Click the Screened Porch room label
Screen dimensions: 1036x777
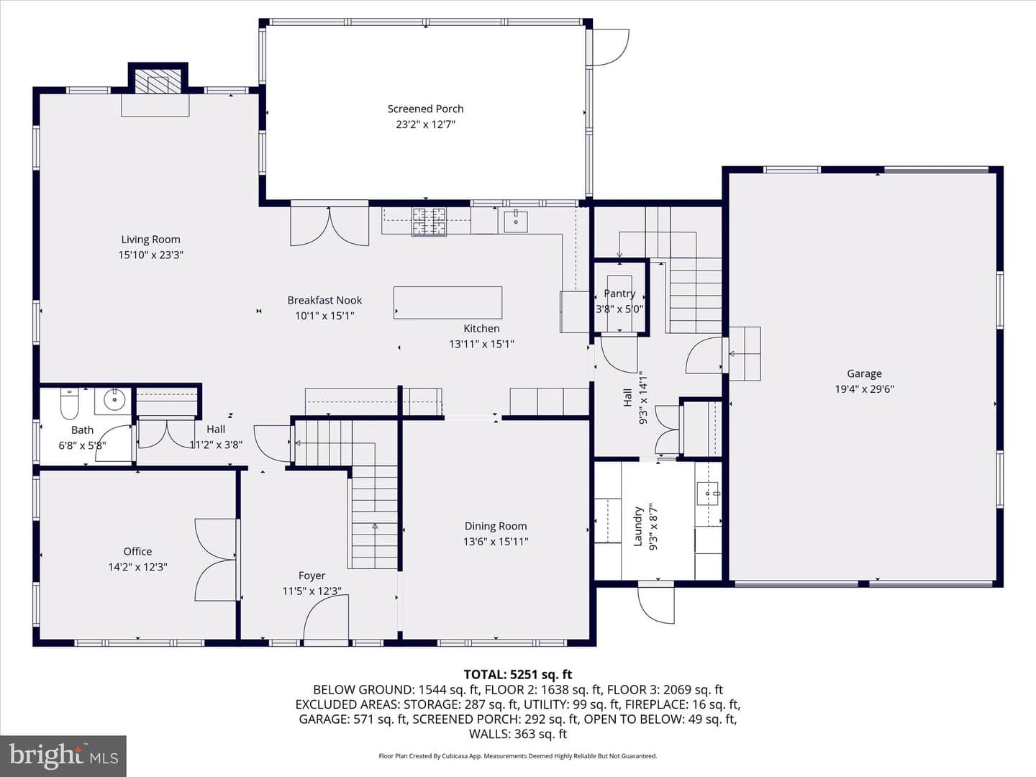coord(425,109)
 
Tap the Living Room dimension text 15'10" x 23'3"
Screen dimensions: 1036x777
coord(150,255)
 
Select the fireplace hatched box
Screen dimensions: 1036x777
coord(158,81)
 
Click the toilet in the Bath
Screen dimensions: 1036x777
coord(69,404)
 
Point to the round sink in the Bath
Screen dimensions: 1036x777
coord(114,400)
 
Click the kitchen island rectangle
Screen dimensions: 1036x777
coord(448,302)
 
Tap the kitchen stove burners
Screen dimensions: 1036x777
coord(429,222)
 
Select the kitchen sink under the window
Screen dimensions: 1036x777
coord(516,222)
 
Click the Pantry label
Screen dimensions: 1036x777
coord(619,294)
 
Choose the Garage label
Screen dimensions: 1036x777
coord(864,373)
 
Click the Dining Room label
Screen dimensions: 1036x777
coord(496,526)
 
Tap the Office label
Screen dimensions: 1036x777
coord(138,551)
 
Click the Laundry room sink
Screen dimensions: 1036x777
coord(708,494)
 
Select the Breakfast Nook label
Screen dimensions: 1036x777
coord(324,300)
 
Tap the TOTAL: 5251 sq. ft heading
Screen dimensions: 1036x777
coord(518,675)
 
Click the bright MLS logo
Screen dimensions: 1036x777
coord(63,755)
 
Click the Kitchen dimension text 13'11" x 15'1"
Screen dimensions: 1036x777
coord(481,344)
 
